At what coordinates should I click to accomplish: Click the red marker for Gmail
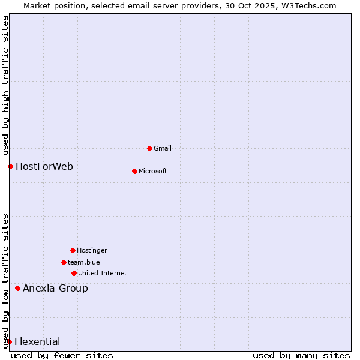(x=149, y=148)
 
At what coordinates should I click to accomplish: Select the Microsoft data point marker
(x=134, y=171)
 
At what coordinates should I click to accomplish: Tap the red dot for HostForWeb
(x=10, y=166)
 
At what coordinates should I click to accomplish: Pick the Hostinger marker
(x=73, y=250)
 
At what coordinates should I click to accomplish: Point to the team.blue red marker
(x=64, y=262)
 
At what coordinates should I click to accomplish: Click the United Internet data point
(x=74, y=273)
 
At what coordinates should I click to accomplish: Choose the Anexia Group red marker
(x=17, y=288)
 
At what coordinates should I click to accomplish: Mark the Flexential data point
(x=9, y=341)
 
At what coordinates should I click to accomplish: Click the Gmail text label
(x=163, y=148)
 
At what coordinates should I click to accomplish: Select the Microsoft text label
(x=153, y=171)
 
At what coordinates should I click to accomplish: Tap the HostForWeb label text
(x=44, y=166)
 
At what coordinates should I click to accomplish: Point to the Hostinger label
(x=92, y=250)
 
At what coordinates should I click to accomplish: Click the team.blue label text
(x=84, y=262)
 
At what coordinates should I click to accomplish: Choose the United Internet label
(x=103, y=273)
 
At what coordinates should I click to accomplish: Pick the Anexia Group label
(x=55, y=288)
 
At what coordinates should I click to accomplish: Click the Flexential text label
(x=37, y=341)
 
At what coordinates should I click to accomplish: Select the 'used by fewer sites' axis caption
(x=62, y=355)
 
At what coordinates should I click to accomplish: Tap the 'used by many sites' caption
(x=301, y=355)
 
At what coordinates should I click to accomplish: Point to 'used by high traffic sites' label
(x=5, y=86)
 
